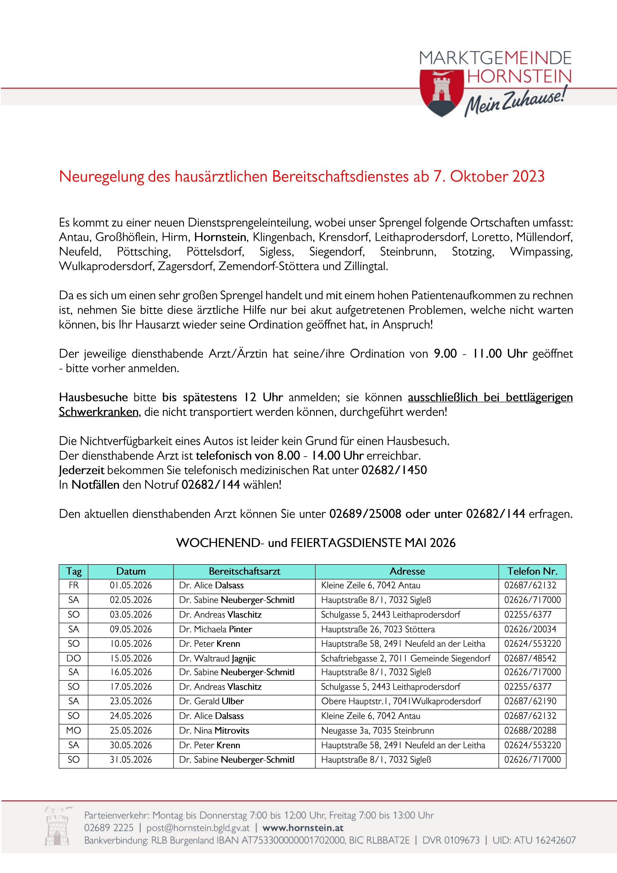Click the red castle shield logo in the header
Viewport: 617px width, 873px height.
click(x=441, y=92)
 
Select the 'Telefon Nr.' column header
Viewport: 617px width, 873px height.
click(x=532, y=571)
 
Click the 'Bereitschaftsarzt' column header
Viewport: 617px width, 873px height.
click(x=244, y=571)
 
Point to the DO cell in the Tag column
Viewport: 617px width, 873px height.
click(x=73, y=658)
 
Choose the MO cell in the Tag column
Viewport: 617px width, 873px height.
click(x=73, y=730)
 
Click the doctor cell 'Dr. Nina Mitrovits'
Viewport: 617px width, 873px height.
click(x=214, y=730)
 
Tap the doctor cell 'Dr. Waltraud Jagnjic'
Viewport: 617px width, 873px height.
click(x=217, y=658)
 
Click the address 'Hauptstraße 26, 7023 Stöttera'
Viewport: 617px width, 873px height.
click(x=378, y=629)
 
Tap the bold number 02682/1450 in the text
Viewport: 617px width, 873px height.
click(x=394, y=470)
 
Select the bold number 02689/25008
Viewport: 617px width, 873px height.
click(x=365, y=514)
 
